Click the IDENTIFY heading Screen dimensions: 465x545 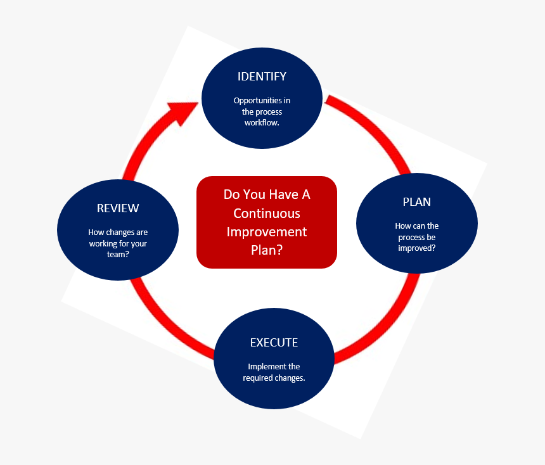[x=262, y=77]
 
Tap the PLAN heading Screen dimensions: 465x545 [x=416, y=202]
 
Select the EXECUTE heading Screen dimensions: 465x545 [x=274, y=343]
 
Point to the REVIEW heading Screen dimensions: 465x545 [x=118, y=208]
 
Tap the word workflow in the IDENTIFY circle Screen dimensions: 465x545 [x=262, y=123]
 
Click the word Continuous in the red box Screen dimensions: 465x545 [x=267, y=213]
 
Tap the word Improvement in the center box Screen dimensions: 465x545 [x=267, y=232]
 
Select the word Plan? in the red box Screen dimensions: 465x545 [x=267, y=250]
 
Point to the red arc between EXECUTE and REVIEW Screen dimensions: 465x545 [x=165, y=323]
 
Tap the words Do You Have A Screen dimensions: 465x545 [x=267, y=194]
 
